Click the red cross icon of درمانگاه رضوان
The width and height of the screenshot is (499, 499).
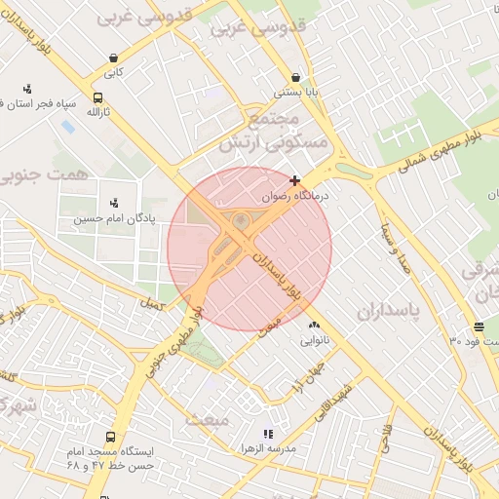coord(295,180)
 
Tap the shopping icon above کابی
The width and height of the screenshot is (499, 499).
coord(115,58)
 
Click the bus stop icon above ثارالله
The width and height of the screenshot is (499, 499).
coord(97,97)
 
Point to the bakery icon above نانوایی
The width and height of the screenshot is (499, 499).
coord(314,326)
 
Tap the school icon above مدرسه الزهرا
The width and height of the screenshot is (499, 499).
coord(268,434)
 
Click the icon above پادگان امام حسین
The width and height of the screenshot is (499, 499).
coord(115,203)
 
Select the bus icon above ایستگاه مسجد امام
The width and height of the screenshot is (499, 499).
coord(110,438)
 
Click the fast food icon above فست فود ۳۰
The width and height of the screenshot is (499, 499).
coord(479,326)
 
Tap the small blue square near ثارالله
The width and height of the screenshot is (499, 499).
coord(67,127)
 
